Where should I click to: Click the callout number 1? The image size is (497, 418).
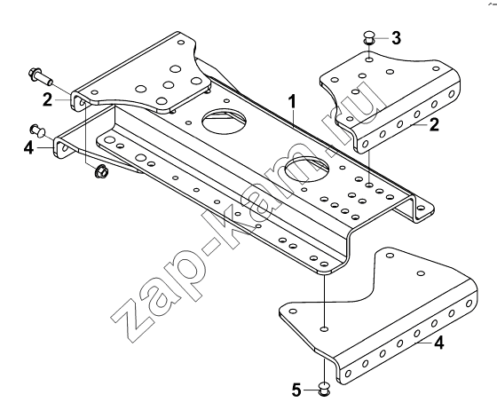click(292, 102)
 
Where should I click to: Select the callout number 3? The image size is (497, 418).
click(396, 38)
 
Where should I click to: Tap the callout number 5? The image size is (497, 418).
click(296, 390)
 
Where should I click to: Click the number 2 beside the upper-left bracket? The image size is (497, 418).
click(48, 99)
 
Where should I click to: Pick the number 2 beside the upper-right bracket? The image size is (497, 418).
click(434, 124)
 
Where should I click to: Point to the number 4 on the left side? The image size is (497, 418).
click(28, 147)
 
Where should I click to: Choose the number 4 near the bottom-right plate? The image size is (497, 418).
click(439, 343)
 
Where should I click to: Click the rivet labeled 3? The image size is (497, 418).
click(368, 38)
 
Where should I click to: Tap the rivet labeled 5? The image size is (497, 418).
click(324, 390)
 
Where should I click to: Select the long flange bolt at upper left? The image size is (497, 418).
click(41, 75)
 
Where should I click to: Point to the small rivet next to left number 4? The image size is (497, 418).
click(37, 130)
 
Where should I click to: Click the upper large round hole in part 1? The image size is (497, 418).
click(225, 122)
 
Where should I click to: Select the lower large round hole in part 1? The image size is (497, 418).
click(307, 170)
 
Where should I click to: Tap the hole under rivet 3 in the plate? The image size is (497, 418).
click(369, 59)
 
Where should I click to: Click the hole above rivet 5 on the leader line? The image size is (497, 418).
click(324, 329)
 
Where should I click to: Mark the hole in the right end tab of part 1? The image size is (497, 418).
click(421, 209)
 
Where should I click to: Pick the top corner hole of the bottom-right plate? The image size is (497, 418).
click(390, 255)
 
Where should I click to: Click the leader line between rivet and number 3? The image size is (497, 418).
click(381, 38)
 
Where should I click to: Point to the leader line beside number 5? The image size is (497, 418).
click(312, 390)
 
